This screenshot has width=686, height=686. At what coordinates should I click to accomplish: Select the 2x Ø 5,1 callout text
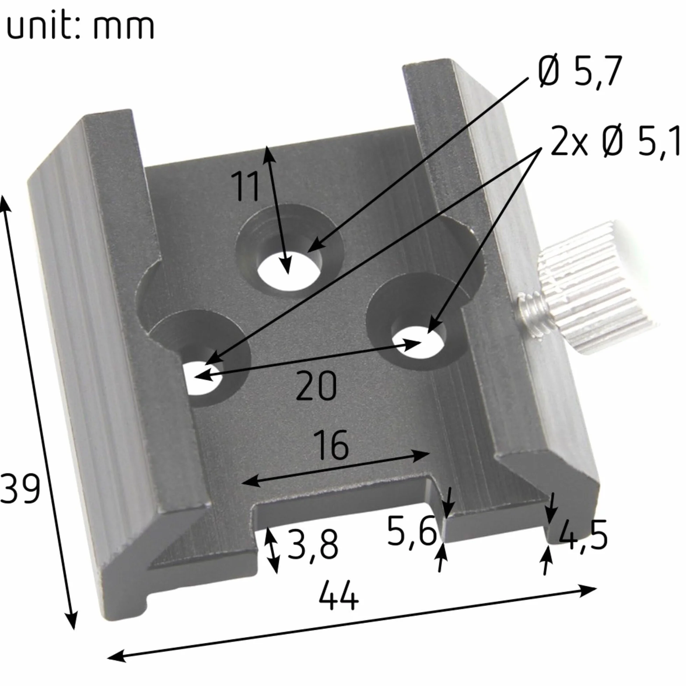[x=615, y=141]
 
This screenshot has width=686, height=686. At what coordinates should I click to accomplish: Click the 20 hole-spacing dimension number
[x=316, y=385]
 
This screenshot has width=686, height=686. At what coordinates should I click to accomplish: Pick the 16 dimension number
[x=332, y=444]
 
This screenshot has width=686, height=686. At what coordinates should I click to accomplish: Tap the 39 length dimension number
[x=20, y=489]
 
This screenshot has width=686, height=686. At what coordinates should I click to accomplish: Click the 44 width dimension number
[x=338, y=595]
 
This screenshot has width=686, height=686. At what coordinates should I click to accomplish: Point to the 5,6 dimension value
[x=412, y=532]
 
